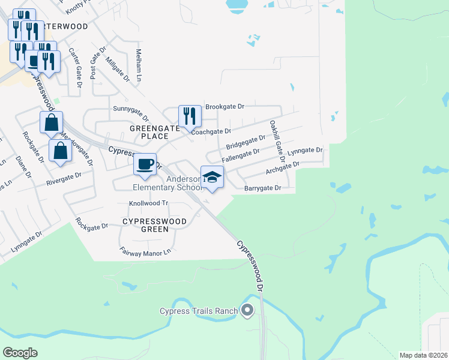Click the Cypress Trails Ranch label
click(x=199, y=311)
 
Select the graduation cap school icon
click(x=211, y=177)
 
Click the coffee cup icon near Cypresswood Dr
click(x=145, y=164)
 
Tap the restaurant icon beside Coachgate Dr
click(x=190, y=116)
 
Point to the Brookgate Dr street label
click(x=224, y=107)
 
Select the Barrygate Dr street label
click(x=263, y=188)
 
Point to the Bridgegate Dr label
click(x=246, y=143)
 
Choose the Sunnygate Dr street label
click(x=130, y=109)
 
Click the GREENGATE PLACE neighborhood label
click(x=151, y=132)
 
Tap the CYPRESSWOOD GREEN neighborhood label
click(x=154, y=225)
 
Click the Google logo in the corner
click(x=20, y=353)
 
